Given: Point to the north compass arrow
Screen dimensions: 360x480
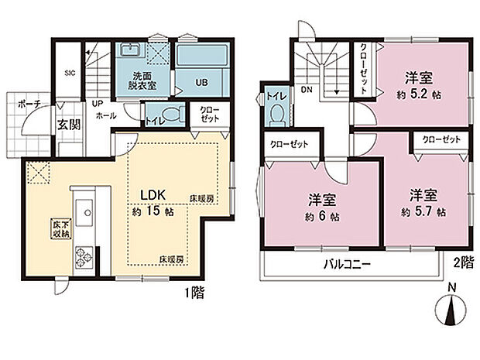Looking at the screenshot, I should (x=452, y=311).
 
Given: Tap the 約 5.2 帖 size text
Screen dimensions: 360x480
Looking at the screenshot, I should (x=420, y=95).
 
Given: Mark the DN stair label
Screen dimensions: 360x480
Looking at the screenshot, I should (x=306, y=89).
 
